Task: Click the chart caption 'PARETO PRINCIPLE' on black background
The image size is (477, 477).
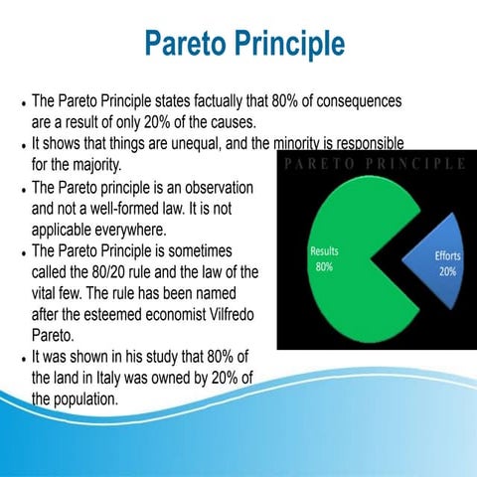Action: [376, 163]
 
